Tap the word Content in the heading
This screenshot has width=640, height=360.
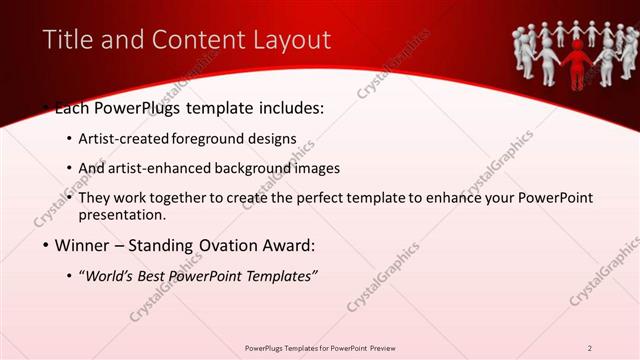point(194,40)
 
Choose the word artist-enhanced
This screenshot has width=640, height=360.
point(170,168)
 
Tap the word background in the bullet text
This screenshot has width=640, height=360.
point(265,168)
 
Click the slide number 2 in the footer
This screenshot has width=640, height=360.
point(590,348)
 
